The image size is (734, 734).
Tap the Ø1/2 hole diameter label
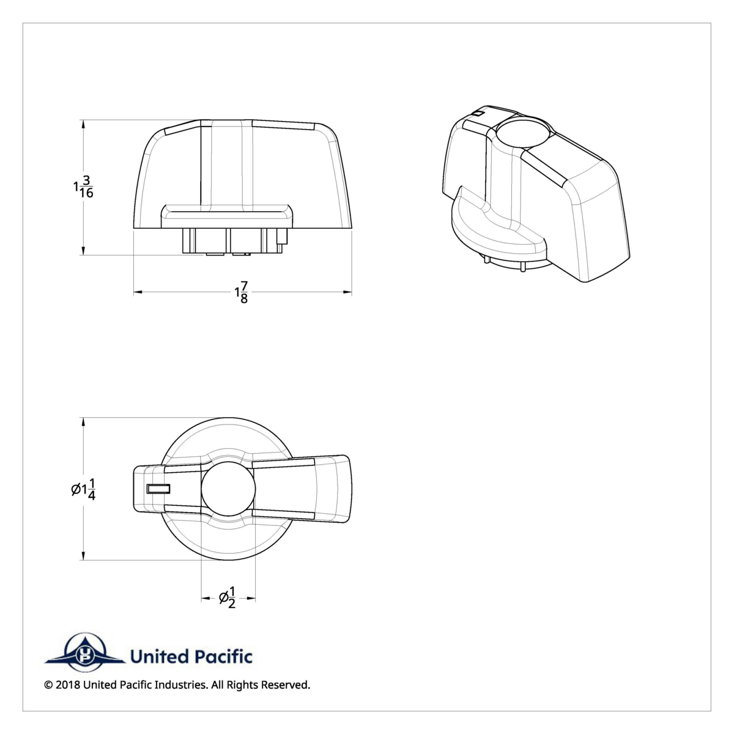pos(228,597)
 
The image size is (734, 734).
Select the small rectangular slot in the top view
pos(158,487)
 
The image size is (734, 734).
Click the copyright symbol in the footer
pos(48,684)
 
